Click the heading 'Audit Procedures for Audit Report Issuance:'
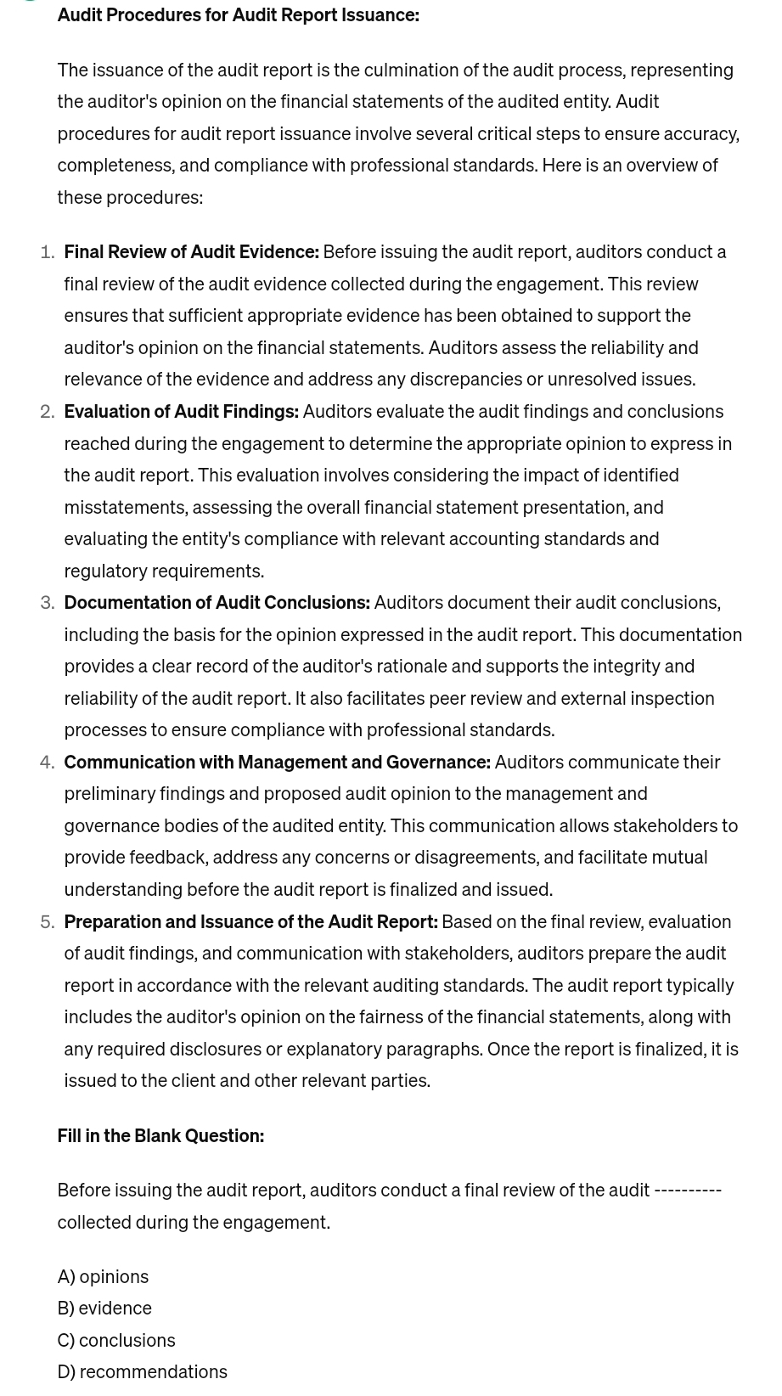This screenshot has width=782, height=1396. click(238, 14)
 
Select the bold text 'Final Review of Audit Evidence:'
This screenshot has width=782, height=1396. click(191, 252)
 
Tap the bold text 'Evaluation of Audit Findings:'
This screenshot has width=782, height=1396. click(181, 412)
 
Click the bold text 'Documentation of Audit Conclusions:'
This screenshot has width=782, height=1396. click(217, 603)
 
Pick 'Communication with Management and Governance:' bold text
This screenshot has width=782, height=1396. click(277, 763)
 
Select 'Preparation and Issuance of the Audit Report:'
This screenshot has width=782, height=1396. click(250, 922)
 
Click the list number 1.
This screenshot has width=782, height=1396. click(48, 252)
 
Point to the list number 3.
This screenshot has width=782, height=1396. click(48, 603)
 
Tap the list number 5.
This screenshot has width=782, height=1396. click(48, 922)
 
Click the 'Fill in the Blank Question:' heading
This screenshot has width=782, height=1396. click(160, 1136)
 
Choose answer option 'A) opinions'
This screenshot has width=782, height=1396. click(103, 1277)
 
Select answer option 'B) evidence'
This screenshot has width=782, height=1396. click(104, 1309)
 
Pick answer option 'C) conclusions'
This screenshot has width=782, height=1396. click(116, 1341)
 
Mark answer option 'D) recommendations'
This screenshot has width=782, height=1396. click(142, 1372)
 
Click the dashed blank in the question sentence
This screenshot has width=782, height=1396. click(688, 1191)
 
